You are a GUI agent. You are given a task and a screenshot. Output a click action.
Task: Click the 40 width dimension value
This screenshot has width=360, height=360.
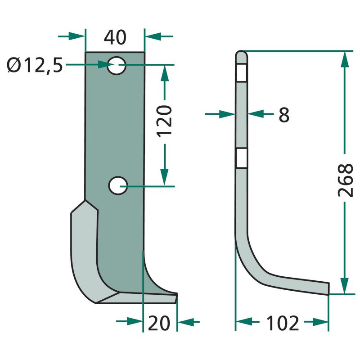[115, 37]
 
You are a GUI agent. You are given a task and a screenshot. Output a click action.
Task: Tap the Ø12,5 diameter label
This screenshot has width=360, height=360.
[35, 65]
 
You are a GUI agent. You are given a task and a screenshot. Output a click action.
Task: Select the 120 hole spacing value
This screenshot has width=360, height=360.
[164, 121]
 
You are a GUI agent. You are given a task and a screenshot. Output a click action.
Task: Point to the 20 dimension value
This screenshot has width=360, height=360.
[159, 323]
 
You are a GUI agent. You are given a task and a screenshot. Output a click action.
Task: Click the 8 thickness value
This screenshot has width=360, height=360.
[284, 115]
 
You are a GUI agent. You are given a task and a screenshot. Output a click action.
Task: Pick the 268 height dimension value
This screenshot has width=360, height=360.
[346, 180]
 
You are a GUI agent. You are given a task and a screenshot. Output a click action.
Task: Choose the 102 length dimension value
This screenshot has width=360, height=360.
[283, 323]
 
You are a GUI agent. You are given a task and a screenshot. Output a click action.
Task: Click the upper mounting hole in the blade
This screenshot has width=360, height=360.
[117, 65]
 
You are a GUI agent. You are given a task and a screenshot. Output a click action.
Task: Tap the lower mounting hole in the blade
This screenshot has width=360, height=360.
[118, 186]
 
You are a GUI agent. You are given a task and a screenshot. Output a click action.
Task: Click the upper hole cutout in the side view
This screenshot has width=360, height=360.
[241, 72]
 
